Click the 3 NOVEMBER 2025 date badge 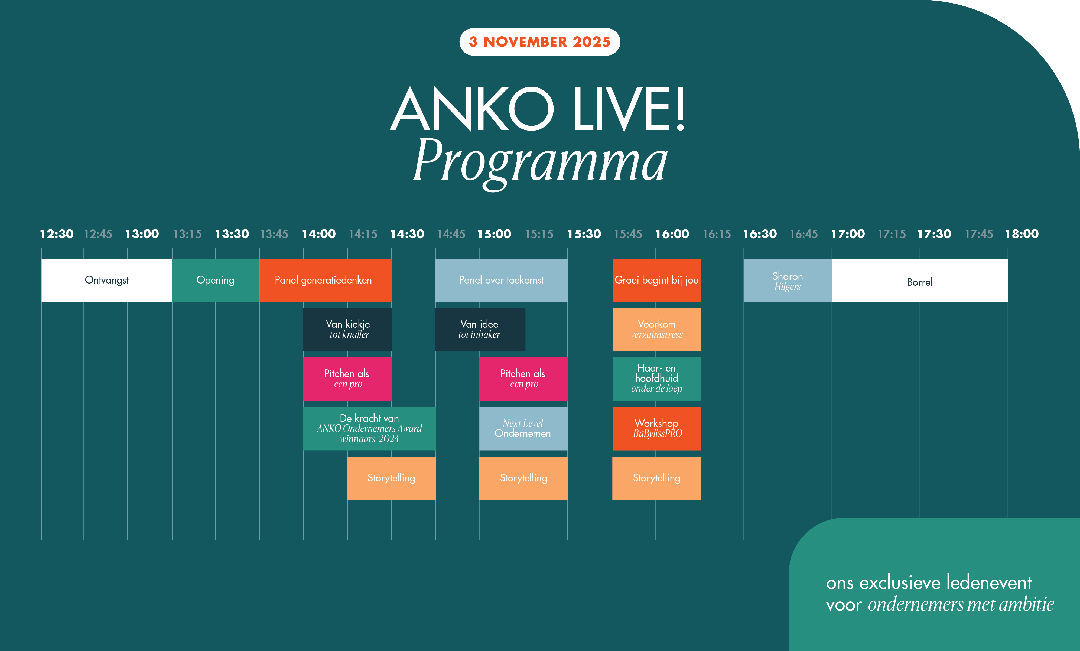(x=539, y=42)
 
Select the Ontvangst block (x=107, y=280)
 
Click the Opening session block (x=216, y=280)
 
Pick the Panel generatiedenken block (x=326, y=280)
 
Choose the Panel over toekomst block (x=502, y=280)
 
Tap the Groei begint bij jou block (x=657, y=280)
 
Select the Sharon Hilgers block (x=788, y=280)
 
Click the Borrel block (x=920, y=280)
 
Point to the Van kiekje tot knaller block (x=347, y=329)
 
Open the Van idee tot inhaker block (x=480, y=329)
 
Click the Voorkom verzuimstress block (x=657, y=329)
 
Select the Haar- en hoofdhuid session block (x=657, y=379)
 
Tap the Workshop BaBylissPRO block (x=657, y=428)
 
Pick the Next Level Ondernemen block (x=523, y=428)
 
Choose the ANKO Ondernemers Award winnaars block (x=369, y=428)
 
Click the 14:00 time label (x=319, y=234)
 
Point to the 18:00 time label (x=1022, y=234)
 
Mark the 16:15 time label (x=717, y=234)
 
